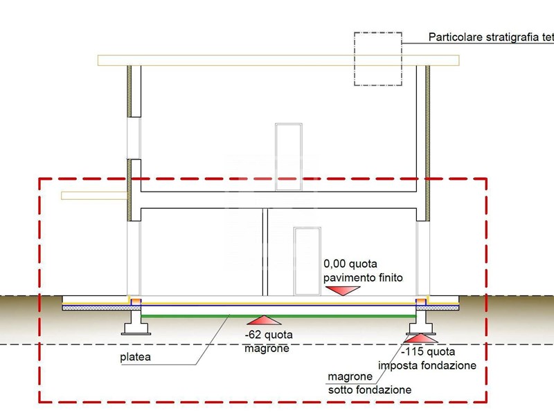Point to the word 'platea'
135,358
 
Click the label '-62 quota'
268,335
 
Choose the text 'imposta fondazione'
427,365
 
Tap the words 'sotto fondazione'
368,390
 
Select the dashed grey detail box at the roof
377,59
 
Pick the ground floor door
305,259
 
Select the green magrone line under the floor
277,315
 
